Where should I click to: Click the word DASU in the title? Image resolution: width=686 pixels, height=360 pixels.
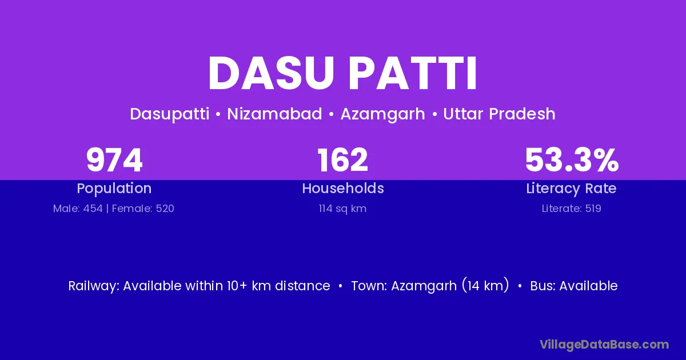(x=271, y=74)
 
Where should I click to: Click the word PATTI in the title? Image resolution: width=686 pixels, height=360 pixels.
(x=413, y=74)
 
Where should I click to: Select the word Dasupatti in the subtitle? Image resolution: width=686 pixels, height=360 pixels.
(x=170, y=114)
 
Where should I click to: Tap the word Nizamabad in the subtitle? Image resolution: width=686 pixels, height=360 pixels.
(x=274, y=114)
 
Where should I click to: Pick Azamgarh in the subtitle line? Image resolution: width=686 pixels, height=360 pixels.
(x=383, y=114)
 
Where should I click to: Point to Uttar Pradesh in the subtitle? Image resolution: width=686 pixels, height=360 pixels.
(x=499, y=114)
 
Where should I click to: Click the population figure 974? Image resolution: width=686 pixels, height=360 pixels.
(x=114, y=160)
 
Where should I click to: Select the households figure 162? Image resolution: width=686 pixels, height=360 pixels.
(x=342, y=160)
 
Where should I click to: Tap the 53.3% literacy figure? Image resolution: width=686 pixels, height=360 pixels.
(x=572, y=160)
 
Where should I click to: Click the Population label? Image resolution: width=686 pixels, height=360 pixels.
(x=114, y=189)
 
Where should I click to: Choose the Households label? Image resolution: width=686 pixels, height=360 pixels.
(x=343, y=188)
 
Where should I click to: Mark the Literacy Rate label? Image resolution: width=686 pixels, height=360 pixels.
(x=571, y=189)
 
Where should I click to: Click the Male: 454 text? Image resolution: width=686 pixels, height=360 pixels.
(x=78, y=209)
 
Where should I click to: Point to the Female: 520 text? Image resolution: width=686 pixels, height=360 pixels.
(x=143, y=209)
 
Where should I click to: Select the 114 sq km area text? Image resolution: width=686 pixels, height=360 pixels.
(x=342, y=209)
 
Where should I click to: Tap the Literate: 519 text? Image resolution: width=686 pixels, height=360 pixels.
(x=572, y=209)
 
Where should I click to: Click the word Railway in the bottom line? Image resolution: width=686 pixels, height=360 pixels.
(x=94, y=286)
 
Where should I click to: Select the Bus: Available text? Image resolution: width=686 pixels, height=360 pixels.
(x=574, y=286)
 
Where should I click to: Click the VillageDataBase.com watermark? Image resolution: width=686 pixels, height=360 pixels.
(x=604, y=345)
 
